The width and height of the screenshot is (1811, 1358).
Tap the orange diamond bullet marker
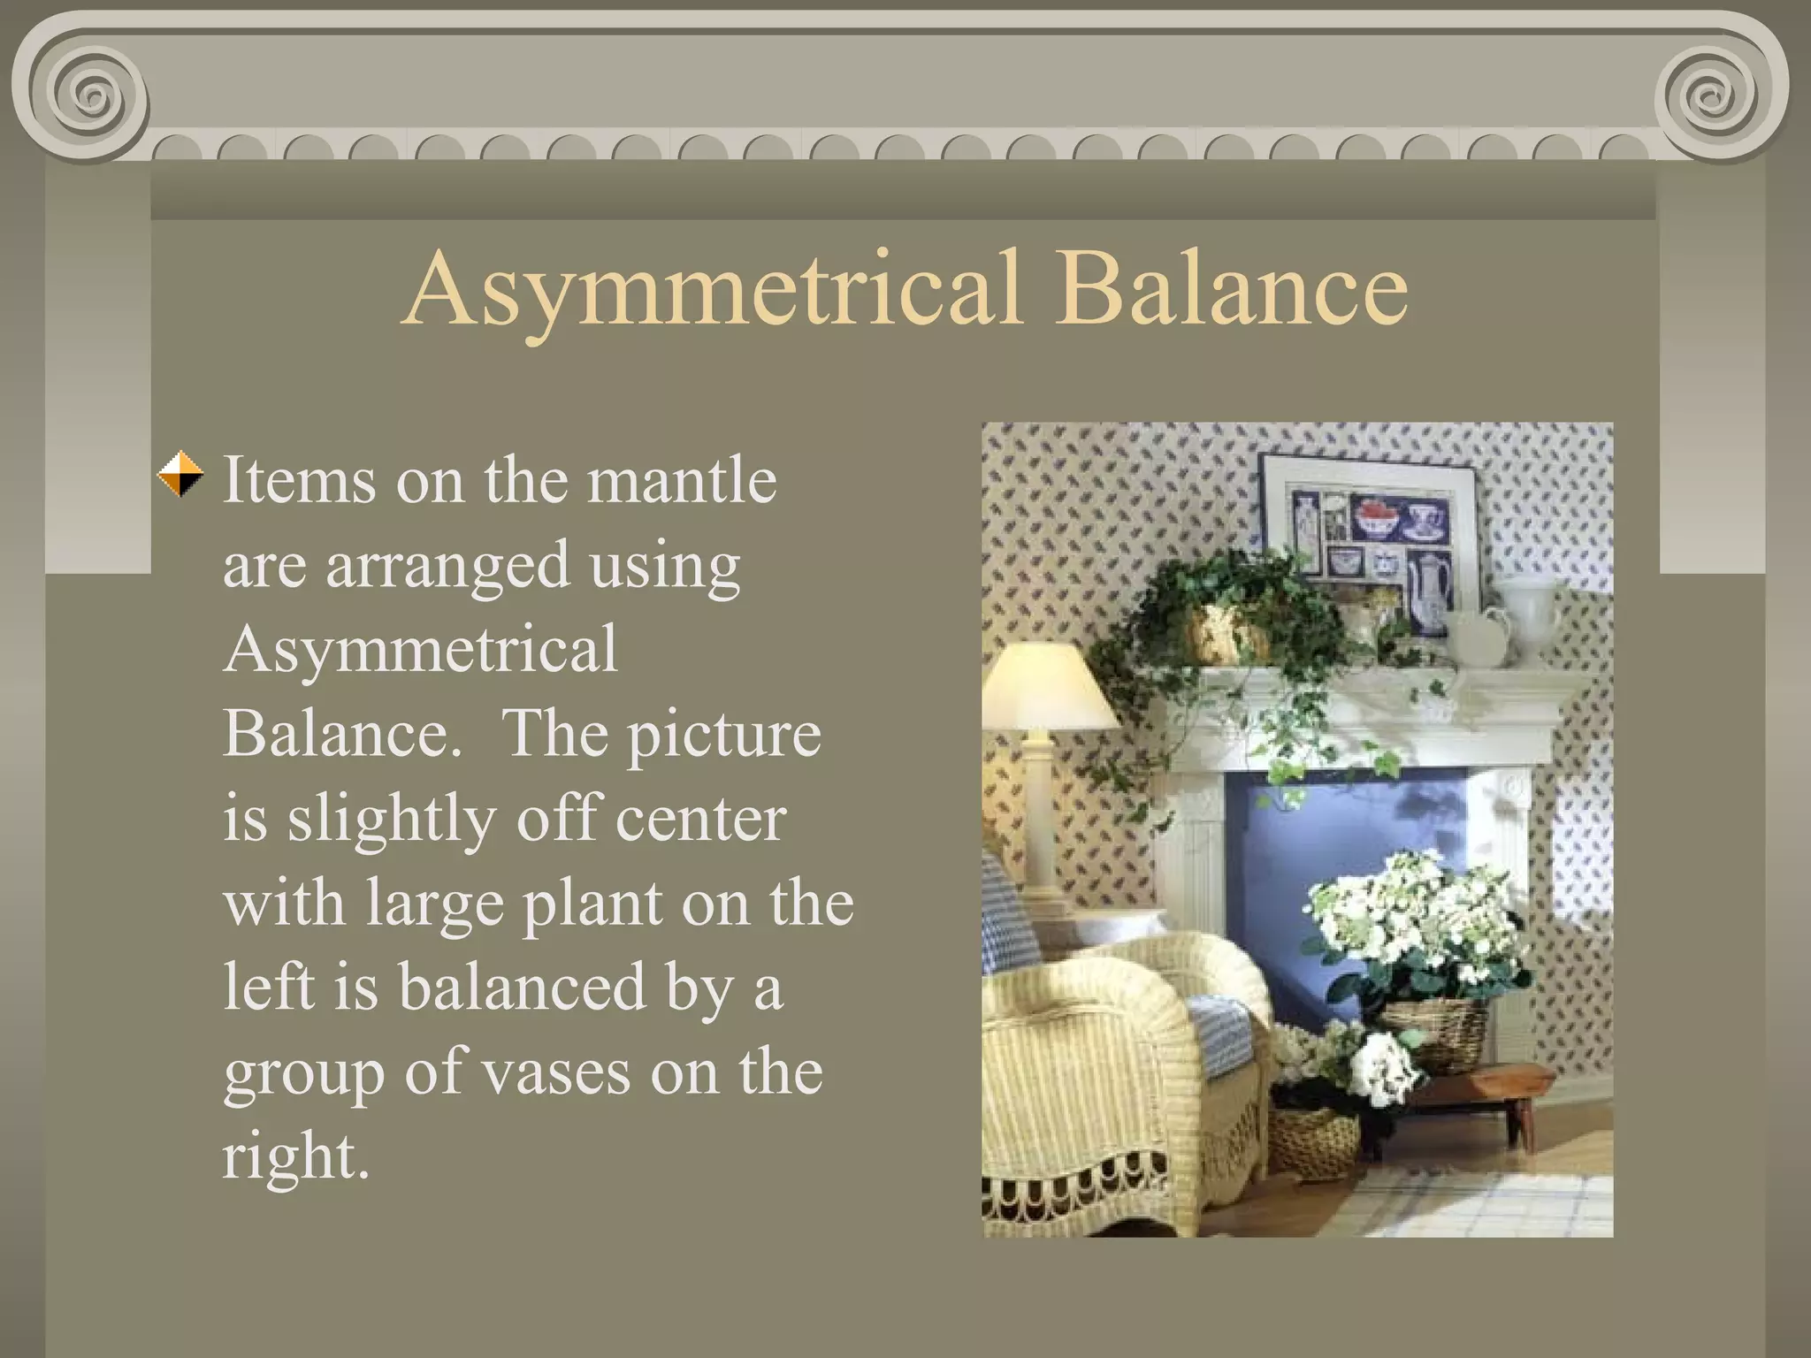tap(180, 475)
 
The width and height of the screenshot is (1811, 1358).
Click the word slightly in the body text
tap(390, 820)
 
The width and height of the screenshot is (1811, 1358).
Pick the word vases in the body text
tap(556, 1072)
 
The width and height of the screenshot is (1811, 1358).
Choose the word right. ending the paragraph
tap(295, 1156)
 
